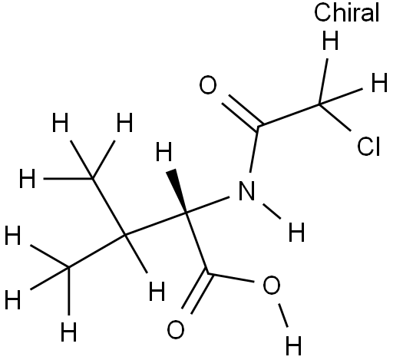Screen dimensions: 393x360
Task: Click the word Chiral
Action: [x=346, y=12]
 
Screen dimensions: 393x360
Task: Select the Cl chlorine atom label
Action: [x=368, y=147]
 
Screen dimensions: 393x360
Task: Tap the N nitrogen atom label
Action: [x=246, y=190]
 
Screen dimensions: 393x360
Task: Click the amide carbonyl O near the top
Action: [x=208, y=84]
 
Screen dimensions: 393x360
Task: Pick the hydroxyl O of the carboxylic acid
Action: [x=272, y=285]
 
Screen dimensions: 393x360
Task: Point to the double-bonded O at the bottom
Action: [x=176, y=329]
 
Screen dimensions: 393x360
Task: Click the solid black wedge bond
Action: [x=177, y=190]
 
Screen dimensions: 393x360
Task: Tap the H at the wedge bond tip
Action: [x=163, y=152]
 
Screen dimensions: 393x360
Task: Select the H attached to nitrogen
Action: [x=296, y=232]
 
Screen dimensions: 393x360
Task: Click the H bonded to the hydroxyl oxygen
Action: [x=293, y=345]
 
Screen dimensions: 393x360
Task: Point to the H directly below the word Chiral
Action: [x=330, y=41]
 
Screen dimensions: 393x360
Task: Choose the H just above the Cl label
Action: [x=379, y=82]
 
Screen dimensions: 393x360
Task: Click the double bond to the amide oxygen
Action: [x=243, y=113]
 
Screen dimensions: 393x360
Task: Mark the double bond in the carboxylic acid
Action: [x=196, y=293]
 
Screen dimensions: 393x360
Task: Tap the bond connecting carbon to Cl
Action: [x=335, y=117]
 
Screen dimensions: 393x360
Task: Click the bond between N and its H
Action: [x=272, y=211]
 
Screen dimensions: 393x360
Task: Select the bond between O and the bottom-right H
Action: [x=283, y=315]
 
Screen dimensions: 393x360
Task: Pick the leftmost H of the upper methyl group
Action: [x=27, y=178]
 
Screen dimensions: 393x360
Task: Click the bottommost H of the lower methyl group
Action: [x=68, y=332]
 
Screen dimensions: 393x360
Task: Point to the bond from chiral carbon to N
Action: [x=207, y=205]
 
